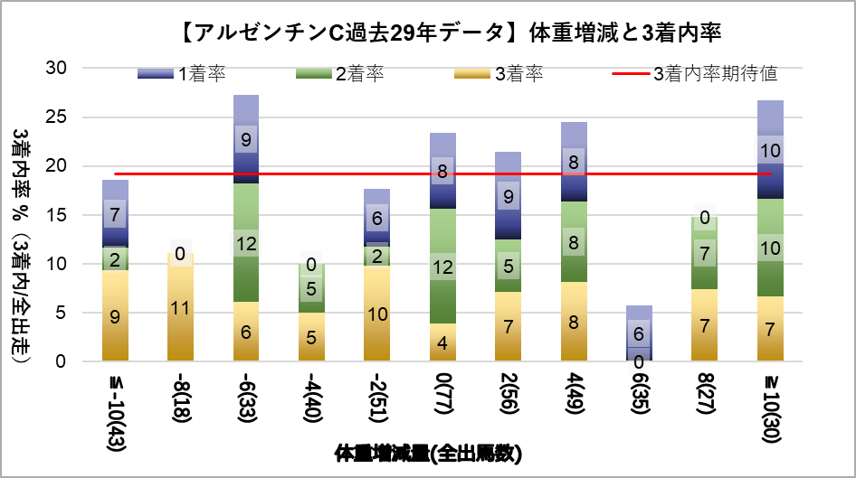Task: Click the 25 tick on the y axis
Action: point(56,117)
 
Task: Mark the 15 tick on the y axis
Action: point(56,215)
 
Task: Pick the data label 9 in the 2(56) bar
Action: point(509,196)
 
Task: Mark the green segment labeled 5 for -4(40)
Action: point(311,289)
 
